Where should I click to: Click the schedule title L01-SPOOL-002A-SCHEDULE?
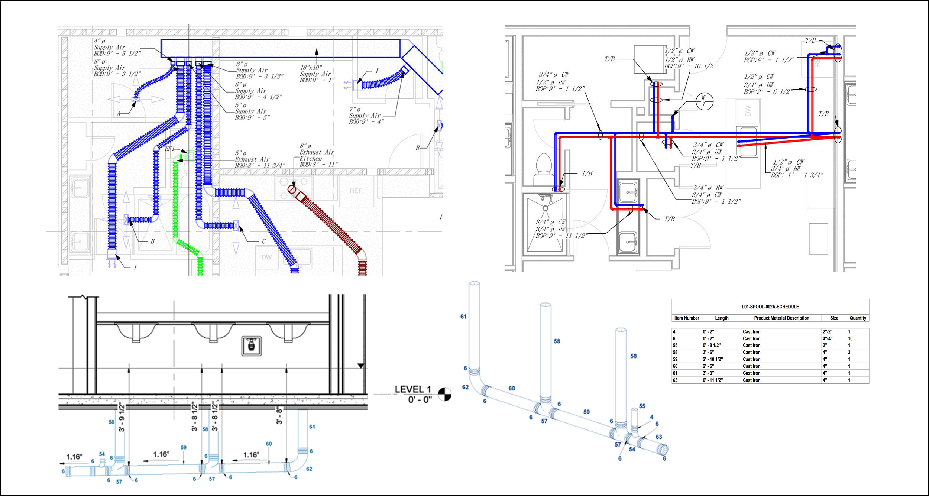tap(770, 307)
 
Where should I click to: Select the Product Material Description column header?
tap(781, 318)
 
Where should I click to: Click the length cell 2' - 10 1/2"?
tap(712, 359)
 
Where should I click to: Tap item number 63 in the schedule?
tap(675, 380)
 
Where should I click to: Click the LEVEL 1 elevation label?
tap(412, 389)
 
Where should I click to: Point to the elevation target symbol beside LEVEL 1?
tap(444, 394)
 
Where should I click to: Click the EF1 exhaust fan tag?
tap(169, 149)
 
